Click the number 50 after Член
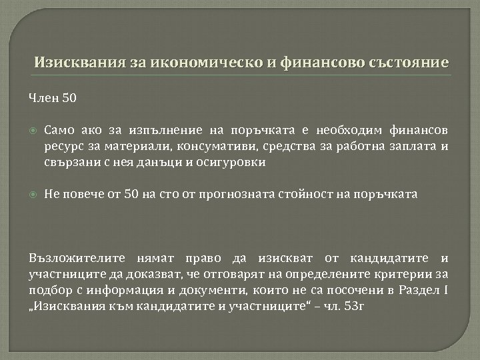pyautogui.click(x=69, y=99)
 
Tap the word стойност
pyautogui.click(x=295, y=195)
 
